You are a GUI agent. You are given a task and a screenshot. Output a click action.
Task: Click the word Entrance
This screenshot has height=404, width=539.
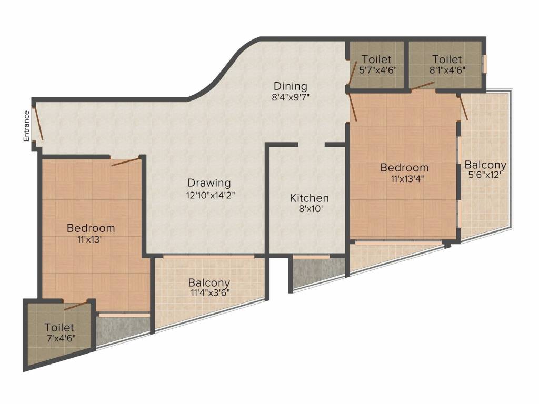click(26, 126)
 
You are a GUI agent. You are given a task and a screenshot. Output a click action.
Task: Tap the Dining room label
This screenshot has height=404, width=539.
click(291, 86)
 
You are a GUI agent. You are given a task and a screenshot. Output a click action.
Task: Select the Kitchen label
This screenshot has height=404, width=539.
click(310, 198)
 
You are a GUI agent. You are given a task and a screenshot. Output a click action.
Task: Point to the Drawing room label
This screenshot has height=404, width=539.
click(209, 183)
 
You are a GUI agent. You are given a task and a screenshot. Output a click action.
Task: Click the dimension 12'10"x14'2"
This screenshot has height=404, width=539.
click(211, 195)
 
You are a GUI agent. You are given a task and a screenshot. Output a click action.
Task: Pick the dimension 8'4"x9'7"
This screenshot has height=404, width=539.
click(291, 97)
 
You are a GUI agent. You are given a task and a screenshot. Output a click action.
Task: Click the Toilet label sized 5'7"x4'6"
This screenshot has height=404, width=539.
click(377, 59)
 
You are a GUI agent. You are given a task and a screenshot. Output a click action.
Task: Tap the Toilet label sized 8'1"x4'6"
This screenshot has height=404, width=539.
click(447, 59)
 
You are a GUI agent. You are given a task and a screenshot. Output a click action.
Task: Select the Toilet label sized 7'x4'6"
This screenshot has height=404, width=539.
click(59, 327)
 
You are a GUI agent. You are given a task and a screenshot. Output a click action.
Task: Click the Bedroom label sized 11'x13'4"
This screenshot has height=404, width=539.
click(404, 168)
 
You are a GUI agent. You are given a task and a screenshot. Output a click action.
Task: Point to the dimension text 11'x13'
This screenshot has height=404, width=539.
click(89, 239)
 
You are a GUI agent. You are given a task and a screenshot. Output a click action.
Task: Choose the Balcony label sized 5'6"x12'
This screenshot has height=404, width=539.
click(485, 165)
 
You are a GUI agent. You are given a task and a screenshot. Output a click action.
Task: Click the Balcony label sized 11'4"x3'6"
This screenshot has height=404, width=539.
click(209, 282)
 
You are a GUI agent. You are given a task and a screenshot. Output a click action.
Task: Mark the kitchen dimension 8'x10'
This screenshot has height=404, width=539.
click(311, 209)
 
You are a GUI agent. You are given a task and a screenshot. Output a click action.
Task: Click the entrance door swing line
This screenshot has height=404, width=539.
click(38, 124)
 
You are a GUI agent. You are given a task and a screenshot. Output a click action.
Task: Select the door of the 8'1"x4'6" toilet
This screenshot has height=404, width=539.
click(423, 86)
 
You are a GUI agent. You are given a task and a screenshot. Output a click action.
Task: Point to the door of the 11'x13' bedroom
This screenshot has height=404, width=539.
click(126, 161)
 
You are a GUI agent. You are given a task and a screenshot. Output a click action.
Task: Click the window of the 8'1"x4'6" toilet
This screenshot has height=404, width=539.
click(485, 64)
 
